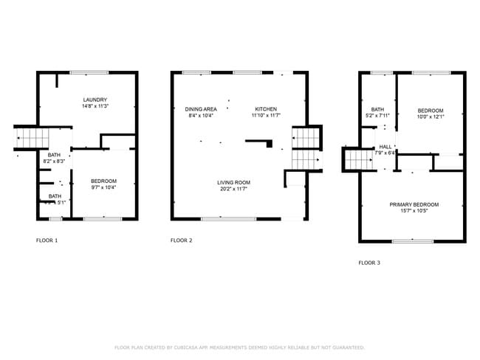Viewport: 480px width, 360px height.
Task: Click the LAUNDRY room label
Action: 95,100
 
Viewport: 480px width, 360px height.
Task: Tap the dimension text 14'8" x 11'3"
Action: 95,106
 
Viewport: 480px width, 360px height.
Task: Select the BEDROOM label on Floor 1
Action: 103,181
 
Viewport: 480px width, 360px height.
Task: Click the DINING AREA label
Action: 201,109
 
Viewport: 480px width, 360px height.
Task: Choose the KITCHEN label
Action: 266,109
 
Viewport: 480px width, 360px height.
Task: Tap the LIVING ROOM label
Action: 233,182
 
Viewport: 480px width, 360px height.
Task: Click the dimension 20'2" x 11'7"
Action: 233,189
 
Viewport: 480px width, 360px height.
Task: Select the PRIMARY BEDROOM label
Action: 414,204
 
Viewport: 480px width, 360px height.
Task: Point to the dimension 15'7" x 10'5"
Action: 414,211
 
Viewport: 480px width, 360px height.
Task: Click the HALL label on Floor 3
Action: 385,147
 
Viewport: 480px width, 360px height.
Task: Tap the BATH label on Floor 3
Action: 377,109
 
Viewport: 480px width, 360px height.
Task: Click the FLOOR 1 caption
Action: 47,240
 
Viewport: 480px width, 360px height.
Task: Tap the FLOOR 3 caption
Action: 369,263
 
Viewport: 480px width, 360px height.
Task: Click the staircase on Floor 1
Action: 32,138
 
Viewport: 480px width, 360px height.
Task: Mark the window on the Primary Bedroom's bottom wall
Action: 413,241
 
